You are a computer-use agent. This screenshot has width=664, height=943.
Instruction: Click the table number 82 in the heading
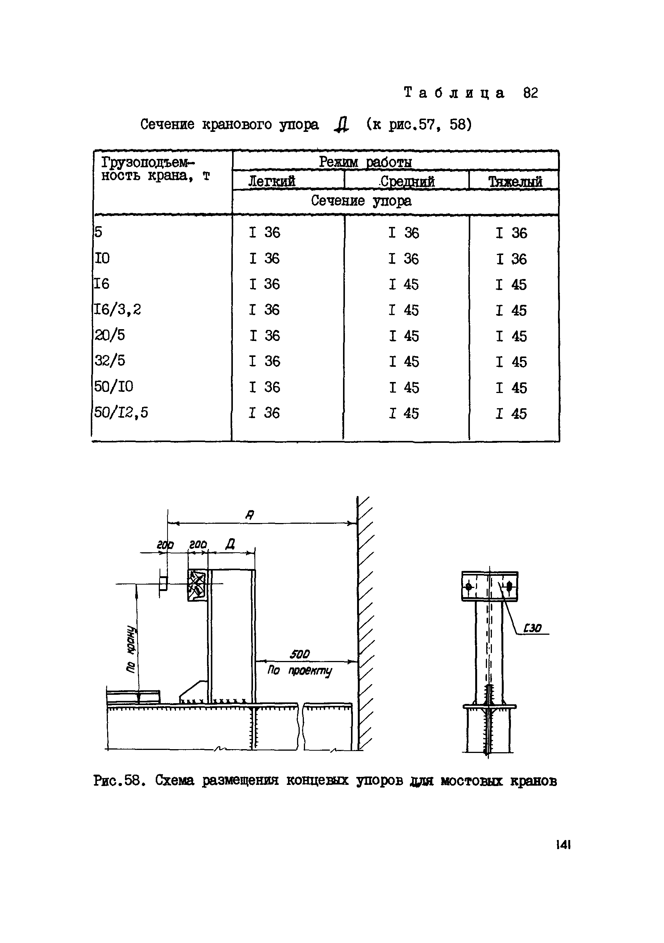[x=530, y=93]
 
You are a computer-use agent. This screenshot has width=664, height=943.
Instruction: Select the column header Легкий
[x=272, y=181]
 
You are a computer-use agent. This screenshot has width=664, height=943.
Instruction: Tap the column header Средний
[x=407, y=181]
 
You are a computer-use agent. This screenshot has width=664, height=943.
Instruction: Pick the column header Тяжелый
[x=515, y=182]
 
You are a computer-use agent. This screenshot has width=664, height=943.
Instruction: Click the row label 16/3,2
[x=118, y=309]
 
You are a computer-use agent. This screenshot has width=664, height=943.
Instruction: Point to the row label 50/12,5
[x=121, y=412]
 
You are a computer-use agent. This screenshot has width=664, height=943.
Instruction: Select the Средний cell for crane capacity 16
[x=404, y=284]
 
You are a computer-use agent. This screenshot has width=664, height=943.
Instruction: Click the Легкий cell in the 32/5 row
[x=264, y=361]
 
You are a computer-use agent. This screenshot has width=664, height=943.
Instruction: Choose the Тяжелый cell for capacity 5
[x=511, y=233]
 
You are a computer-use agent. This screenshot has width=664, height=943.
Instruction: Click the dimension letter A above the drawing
[x=250, y=515]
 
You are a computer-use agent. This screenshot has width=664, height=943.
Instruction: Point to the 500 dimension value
[x=300, y=654]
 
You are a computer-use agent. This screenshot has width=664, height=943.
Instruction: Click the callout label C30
[x=532, y=628]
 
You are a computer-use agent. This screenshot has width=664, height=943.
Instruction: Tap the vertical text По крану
[x=131, y=649]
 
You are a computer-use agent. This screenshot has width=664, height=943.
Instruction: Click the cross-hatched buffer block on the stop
[x=197, y=585]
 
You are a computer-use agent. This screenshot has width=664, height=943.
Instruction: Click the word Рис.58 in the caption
[x=119, y=780]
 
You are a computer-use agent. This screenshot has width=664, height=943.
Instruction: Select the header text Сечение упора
[x=361, y=201]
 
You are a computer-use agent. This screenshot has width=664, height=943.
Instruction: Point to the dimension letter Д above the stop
[x=230, y=545]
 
